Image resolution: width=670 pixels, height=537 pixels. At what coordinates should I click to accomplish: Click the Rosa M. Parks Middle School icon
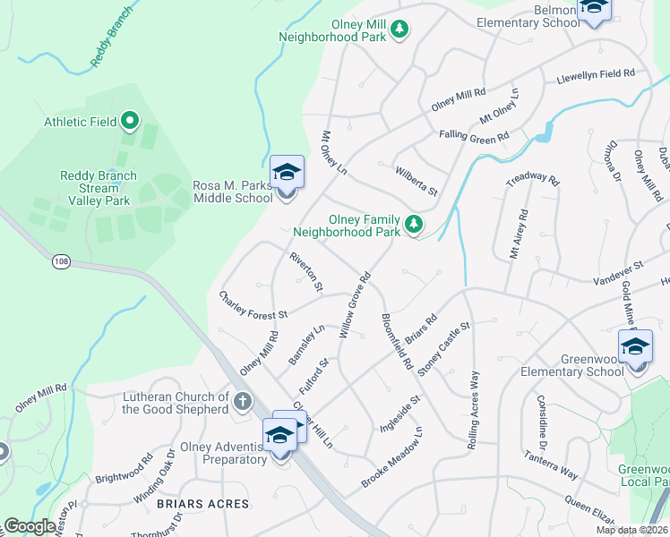(288, 172)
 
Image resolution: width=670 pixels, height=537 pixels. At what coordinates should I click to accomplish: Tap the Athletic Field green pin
(129, 120)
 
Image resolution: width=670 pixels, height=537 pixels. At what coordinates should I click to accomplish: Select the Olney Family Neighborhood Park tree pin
(413, 224)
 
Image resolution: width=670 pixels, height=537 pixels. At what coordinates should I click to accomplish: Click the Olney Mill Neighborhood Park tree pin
(399, 30)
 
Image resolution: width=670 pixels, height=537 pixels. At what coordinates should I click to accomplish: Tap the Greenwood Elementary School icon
(636, 347)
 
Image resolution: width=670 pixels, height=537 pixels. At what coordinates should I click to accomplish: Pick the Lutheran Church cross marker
(242, 402)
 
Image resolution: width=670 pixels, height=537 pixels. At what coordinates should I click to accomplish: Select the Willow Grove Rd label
(355, 305)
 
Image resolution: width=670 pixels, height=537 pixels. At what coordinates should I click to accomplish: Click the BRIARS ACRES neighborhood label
(202, 504)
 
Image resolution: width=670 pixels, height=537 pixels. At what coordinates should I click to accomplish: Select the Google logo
(31, 526)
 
